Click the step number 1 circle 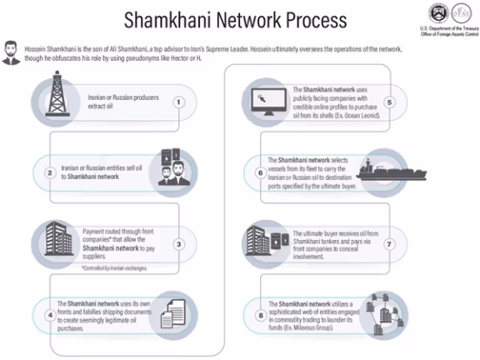coord(178,102)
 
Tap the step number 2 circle coord(50,173)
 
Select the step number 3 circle coord(178,244)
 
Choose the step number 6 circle coord(261,173)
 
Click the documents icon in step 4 coord(178,313)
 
